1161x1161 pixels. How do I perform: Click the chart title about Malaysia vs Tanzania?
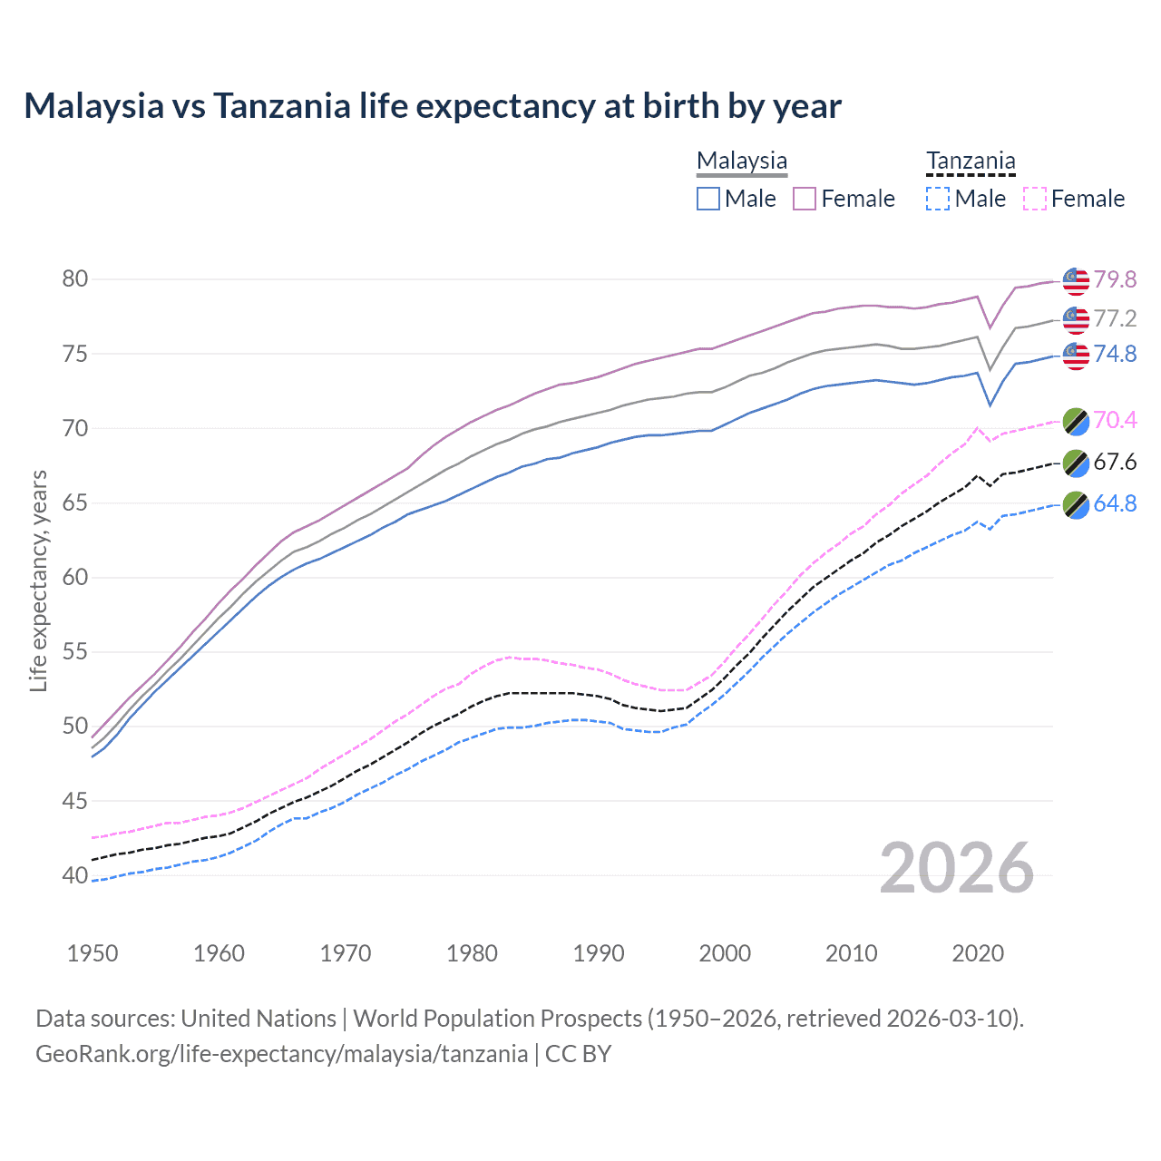pyautogui.click(x=433, y=106)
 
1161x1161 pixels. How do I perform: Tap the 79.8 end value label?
pyautogui.click(x=1115, y=279)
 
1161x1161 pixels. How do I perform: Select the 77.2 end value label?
pyautogui.click(x=1115, y=318)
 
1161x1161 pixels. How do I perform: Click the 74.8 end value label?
pyautogui.click(x=1115, y=354)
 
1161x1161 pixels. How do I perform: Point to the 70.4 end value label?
pyautogui.click(x=1115, y=420)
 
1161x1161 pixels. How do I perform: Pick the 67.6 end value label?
pyautogui.click(x=1115, y=463)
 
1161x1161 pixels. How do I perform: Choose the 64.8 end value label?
pyautogui.click(x=1115, y=503)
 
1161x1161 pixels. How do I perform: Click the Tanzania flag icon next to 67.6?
pyautogui.click(x=1076, y=463)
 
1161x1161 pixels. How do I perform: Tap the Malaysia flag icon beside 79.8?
pyautogui.click(x=1076, y=281)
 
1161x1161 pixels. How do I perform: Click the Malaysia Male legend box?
pyautogui.click(x=708, y=199)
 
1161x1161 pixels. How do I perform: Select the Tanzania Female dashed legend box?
pyautogui.click(x=1035, y=199)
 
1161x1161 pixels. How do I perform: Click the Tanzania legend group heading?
pyautogui.click(x=971, y=161)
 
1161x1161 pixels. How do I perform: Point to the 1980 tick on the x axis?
pyautogui.click(x=473, y=953)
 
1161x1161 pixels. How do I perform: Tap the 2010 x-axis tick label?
pyautogui.click(x=852, y=953)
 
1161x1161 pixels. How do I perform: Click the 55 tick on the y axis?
pyautogui.click(x=75, y=652)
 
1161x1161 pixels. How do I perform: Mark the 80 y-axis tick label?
pyautogui.click(x=75, y=279)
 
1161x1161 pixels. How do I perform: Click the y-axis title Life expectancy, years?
pyautogui.click(x=38, y=580)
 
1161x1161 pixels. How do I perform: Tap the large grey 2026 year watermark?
pyautogui.click(x=957, y=869)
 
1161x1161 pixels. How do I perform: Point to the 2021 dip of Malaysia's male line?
pyautogui.click(x=990, y=405)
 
